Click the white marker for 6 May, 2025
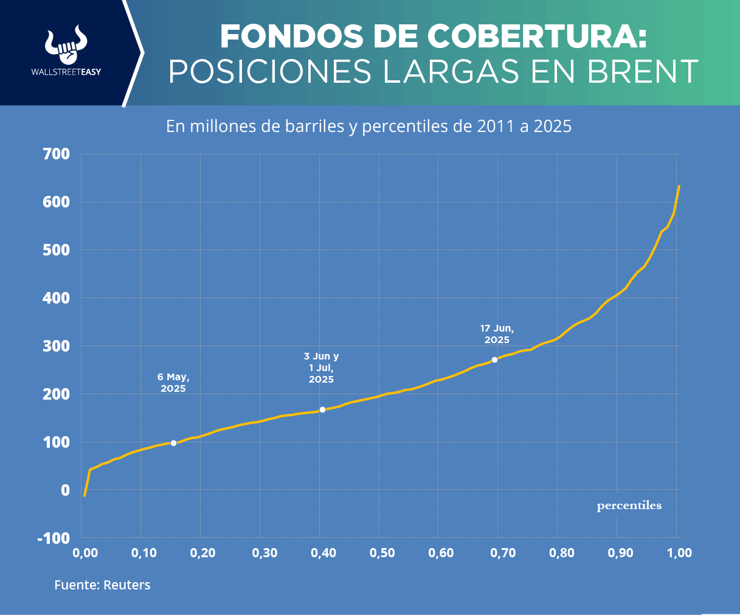[x=174, y=443]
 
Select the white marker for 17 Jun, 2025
[x=494, y=360]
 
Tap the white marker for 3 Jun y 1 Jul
[x=322, y=409]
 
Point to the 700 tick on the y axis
[x=57, y=155]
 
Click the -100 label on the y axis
[x=54, y=538]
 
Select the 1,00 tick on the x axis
[x=679, y=553]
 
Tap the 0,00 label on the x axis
[x=85, y=553]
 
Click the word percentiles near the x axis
[x=629, y=506]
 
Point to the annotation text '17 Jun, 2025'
[x=497, y=334]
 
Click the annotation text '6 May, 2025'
[x=173, y=383]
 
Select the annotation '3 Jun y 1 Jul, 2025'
[x=321, y=367]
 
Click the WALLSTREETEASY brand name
[x=66, y=72]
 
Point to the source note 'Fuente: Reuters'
[x=102, y=585]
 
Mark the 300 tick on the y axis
[x=57, y=346]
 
